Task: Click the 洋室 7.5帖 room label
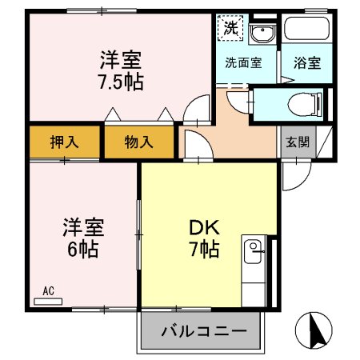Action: (122, 70)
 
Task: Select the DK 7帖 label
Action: (205, 238)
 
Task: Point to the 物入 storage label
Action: (138, 143)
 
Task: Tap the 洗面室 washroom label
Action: (242, 63)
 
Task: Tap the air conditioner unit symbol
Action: (48, 302)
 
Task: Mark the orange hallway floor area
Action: (240, 136)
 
